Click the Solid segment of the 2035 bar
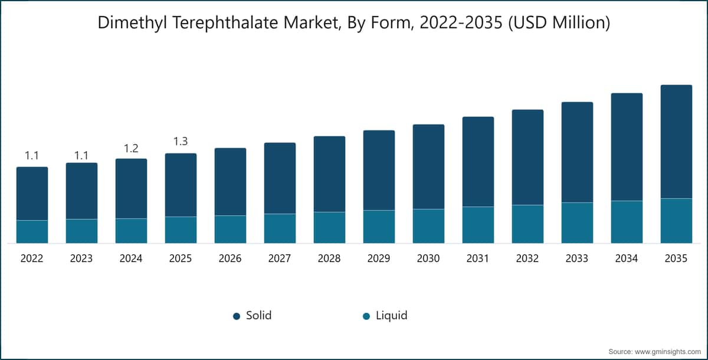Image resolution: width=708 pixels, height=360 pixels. [x=676, y=142]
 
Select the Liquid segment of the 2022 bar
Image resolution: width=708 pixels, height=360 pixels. [x=32, y=232]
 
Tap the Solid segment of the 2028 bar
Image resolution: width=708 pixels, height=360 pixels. [x=329, y=174]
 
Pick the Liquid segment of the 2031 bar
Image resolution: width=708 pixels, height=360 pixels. [x=478, y=225]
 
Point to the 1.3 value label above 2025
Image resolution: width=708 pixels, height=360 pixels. [x=181, y=141]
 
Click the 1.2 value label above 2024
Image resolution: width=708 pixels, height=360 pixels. [x=131, y=148]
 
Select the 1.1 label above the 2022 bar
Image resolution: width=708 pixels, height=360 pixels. [x=32, y=155]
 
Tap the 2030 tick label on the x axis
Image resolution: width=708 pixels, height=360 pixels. [x=428, y=258]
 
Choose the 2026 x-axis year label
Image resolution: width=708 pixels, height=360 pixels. [x=230, y=258]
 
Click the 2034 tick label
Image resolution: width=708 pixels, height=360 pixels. [x=627, y=258]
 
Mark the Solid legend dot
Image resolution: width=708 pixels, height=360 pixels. [x=237, y=316]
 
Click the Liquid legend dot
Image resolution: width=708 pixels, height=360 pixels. [x=366, y=316]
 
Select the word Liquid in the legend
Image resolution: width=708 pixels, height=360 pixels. [x=392, y=316]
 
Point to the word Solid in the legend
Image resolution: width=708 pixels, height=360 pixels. [x=259, y=315]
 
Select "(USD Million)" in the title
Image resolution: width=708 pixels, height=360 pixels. [x=559, y=23]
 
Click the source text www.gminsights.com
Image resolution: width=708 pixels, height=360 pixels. [x=672, y=352]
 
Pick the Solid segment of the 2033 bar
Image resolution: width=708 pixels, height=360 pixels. [x=577, y=152]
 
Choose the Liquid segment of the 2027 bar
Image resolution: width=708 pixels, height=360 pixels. [x=280, y=228]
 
